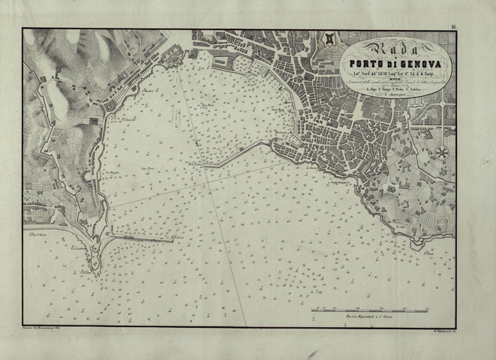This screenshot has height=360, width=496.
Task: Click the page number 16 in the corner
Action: (454, 27)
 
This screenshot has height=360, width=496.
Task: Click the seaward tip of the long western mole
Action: (174, 239)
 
